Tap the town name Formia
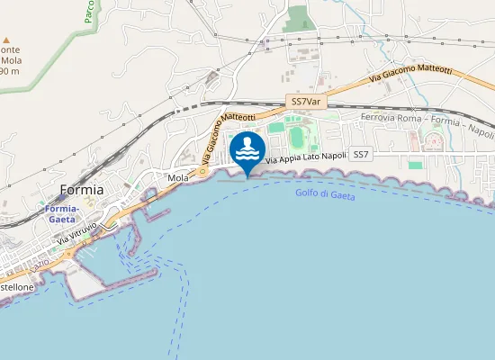pyautogui.click(x=81, y=190)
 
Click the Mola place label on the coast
pyautogui.click(x=177, y=178)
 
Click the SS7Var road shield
pyautogui.click(x=306, y=103)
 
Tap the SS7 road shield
pyautogui.click(x=361, y=155)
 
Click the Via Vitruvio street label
pyautogui.click(x=76, y=237)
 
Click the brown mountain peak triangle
pyautogui.click(x=7, y=40)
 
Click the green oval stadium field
pyautogui.click(x=297, y=135)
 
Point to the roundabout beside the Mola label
pyautogui.click(x=203, y=171)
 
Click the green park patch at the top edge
pyautogui.click(x=299, y=19)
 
